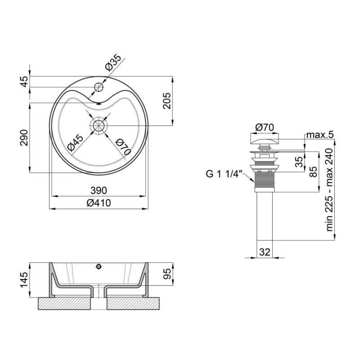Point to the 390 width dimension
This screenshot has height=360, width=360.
pyautogui.click(x=99, y=190)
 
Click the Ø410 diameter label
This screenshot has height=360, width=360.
pyautogui.click(x=99, y=203)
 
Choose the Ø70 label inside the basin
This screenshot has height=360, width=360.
pyautogui.click(x=123, y=147)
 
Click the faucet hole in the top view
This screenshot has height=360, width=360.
pyautogui.click(x=99, y=87)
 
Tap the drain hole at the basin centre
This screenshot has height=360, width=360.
pyautogui.click(x=99, y=126)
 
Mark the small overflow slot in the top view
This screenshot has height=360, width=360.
pyautogui.click(x=99, y=104)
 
